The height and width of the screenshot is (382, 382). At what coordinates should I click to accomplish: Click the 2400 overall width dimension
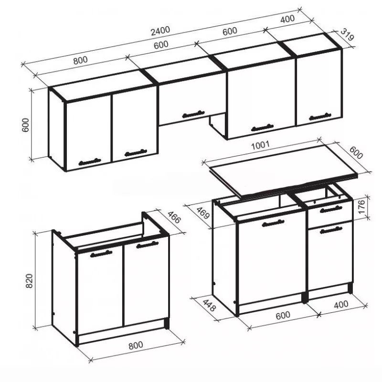160,31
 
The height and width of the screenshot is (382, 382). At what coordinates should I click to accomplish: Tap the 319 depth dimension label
347,35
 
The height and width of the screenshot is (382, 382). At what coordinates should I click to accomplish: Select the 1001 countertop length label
260,145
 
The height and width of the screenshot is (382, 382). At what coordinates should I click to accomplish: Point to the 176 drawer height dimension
362,207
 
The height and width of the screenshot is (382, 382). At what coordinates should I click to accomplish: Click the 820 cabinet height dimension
29,281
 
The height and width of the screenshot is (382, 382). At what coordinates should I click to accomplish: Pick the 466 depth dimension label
174,217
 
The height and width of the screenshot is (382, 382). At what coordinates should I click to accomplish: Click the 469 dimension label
202,213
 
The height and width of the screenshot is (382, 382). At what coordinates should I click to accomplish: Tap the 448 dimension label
209,305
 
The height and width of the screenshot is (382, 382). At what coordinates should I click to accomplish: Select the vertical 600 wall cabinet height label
25,125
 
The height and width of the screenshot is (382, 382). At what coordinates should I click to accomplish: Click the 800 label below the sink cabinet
136,345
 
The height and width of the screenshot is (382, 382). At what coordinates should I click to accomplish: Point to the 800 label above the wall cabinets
80,60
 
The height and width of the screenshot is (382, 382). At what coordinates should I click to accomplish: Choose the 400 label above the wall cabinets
287,19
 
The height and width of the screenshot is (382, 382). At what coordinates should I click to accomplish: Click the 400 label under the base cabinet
341,305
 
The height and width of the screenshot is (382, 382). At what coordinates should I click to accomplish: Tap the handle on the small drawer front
331,209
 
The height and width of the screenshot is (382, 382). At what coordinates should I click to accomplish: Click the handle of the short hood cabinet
193,114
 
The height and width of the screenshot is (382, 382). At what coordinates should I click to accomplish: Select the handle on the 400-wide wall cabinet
320,117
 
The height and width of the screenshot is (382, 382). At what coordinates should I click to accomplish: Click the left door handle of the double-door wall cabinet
90,162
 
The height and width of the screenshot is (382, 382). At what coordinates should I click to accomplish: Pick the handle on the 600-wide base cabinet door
273,223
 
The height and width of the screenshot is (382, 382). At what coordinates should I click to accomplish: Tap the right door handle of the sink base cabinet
147,244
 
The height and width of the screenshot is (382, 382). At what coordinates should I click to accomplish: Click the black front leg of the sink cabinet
167,324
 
